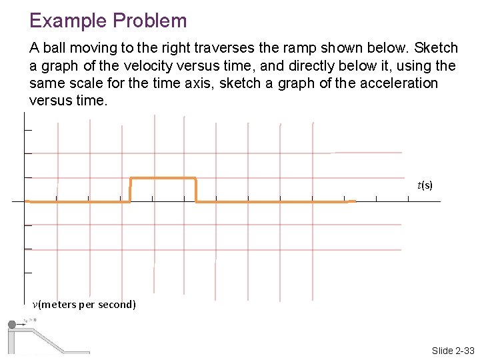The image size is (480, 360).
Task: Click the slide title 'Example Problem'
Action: click(108, 21)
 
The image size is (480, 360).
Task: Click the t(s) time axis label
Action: click(425, 185)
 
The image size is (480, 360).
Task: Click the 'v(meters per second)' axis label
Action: click(84, 305)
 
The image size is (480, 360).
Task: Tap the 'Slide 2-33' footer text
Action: click(453, 351)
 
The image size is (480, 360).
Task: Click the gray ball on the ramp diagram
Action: click(11, 325)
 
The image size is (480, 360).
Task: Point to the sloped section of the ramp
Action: click(50, 341)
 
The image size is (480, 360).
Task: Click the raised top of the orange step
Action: click(163, 178)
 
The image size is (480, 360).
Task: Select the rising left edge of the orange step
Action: click(130, 189)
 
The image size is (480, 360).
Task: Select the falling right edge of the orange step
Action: click(195, 189)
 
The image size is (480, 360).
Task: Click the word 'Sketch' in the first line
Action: click(436, 49)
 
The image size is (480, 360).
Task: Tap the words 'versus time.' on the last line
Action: click(67, 101)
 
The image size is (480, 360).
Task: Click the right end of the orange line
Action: click(355, 201)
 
